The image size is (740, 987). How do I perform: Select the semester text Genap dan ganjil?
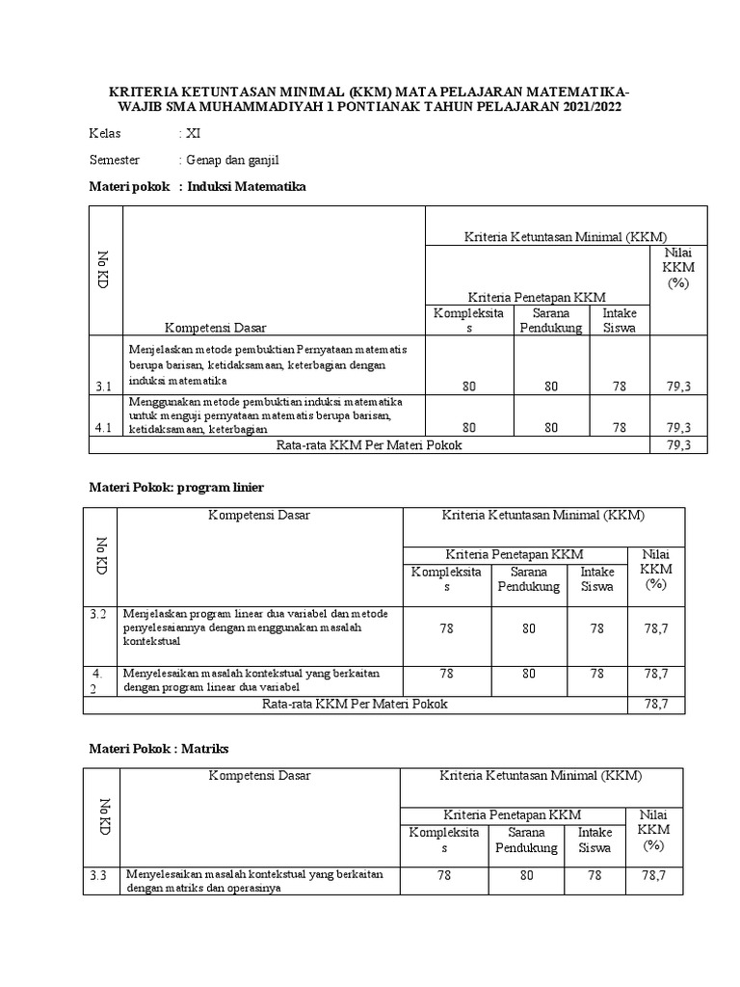point(232,160)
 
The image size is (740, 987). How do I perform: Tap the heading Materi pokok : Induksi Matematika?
point(198,186)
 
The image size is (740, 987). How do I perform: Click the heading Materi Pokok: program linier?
point(176,488)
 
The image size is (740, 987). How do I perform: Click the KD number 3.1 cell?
point(104,387)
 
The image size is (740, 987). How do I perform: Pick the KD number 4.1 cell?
point(104,426)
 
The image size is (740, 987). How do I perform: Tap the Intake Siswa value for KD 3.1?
point(618,387)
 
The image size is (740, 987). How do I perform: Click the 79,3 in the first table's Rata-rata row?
point(679,444)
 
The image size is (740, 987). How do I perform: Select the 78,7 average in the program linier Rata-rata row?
point(656,705)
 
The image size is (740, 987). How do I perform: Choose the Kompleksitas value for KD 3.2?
point(445,627)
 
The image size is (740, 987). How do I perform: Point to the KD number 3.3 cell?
point(99,875)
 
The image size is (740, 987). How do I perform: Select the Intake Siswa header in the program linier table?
point(597,579)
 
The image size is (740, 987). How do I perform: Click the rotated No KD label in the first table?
point(104,269)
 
